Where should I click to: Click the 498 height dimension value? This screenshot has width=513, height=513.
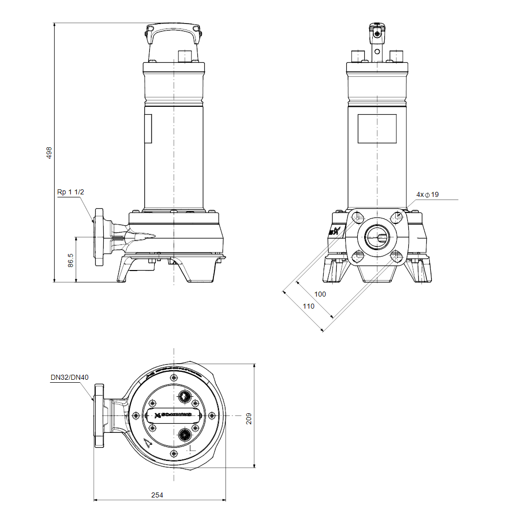pyautogui.click(x=49, y=153)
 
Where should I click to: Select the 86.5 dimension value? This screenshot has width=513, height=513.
pyautogui.click(x=71, y=260)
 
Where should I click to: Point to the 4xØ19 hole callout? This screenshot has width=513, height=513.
pyautogui.click(x=427, y=194)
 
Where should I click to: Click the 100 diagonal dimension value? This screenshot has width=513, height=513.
pyautogui.click(x=320, y=294)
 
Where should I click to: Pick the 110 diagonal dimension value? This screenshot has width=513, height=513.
pyautogui.click(x=309, y=306)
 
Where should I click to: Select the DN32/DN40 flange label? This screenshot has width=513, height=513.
pyautogui.click(x=69, y=378)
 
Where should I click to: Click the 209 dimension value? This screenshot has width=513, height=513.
pyautogui.click(x=249, y=419)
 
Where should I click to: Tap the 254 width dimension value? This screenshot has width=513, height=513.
pyautogui.click(x=157, y=495)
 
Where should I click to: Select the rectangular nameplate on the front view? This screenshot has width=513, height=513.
pyautogui.click(x=377, y=128)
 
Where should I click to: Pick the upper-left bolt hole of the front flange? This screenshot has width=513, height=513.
pyautogui.click(x=357, y=218)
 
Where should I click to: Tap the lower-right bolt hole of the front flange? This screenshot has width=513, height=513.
pyautogui.click(x=396, y=257)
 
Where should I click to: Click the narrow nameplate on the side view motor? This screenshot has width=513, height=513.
pyautogui.click(x=148, y=129)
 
